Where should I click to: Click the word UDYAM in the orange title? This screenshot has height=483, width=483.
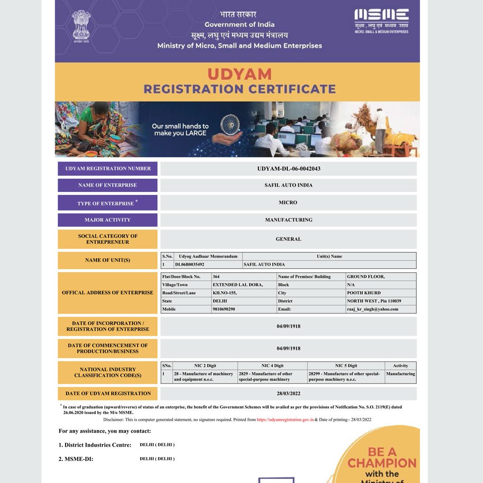(239, 75)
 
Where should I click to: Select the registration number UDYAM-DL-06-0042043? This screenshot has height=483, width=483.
(289, 169)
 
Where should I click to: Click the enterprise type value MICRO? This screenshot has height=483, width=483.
(288, 203)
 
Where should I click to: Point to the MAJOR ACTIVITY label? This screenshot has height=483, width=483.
(108, 220)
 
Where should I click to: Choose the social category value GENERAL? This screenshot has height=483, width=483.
(288, 239)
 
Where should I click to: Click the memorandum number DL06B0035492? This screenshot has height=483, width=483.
(190, 265)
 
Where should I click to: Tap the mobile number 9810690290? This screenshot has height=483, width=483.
(224, 309)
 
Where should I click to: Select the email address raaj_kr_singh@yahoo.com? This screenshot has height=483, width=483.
(373, 309)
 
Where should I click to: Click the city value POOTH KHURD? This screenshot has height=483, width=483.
(364, 293)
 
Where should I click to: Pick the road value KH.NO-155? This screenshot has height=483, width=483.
(225, 293)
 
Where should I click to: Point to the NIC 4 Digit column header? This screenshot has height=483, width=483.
(273, 366)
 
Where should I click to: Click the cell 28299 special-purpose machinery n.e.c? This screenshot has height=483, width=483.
(344, 376)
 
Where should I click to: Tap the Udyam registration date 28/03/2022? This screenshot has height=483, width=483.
(288, 393)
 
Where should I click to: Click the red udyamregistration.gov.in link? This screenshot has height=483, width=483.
(285, 419)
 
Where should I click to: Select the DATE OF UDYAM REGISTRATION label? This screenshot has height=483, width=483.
(108, 393)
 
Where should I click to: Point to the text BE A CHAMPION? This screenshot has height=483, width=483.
(382, 458)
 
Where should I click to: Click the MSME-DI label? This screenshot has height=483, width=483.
(76, 459)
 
